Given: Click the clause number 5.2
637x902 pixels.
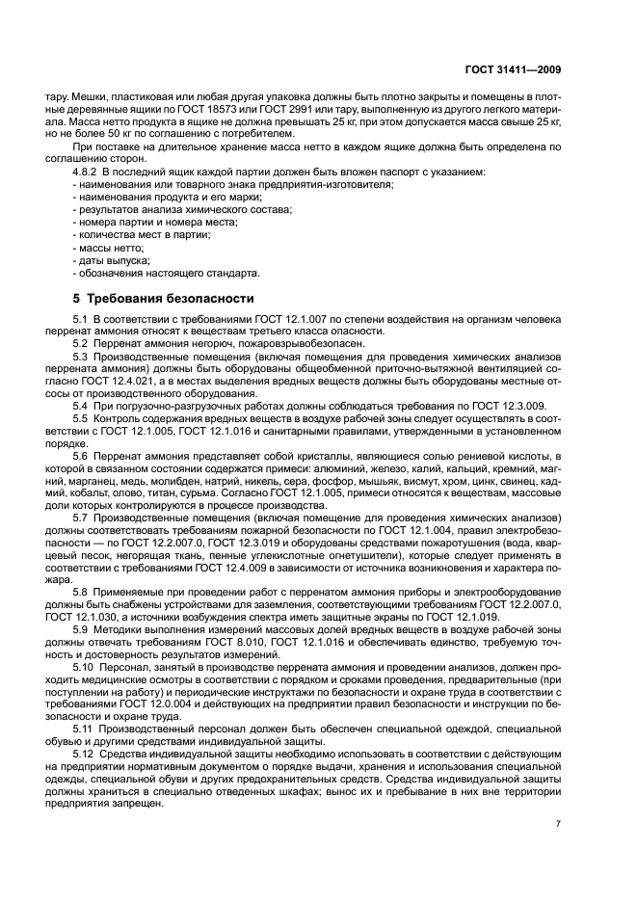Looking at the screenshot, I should coord(82,344).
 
